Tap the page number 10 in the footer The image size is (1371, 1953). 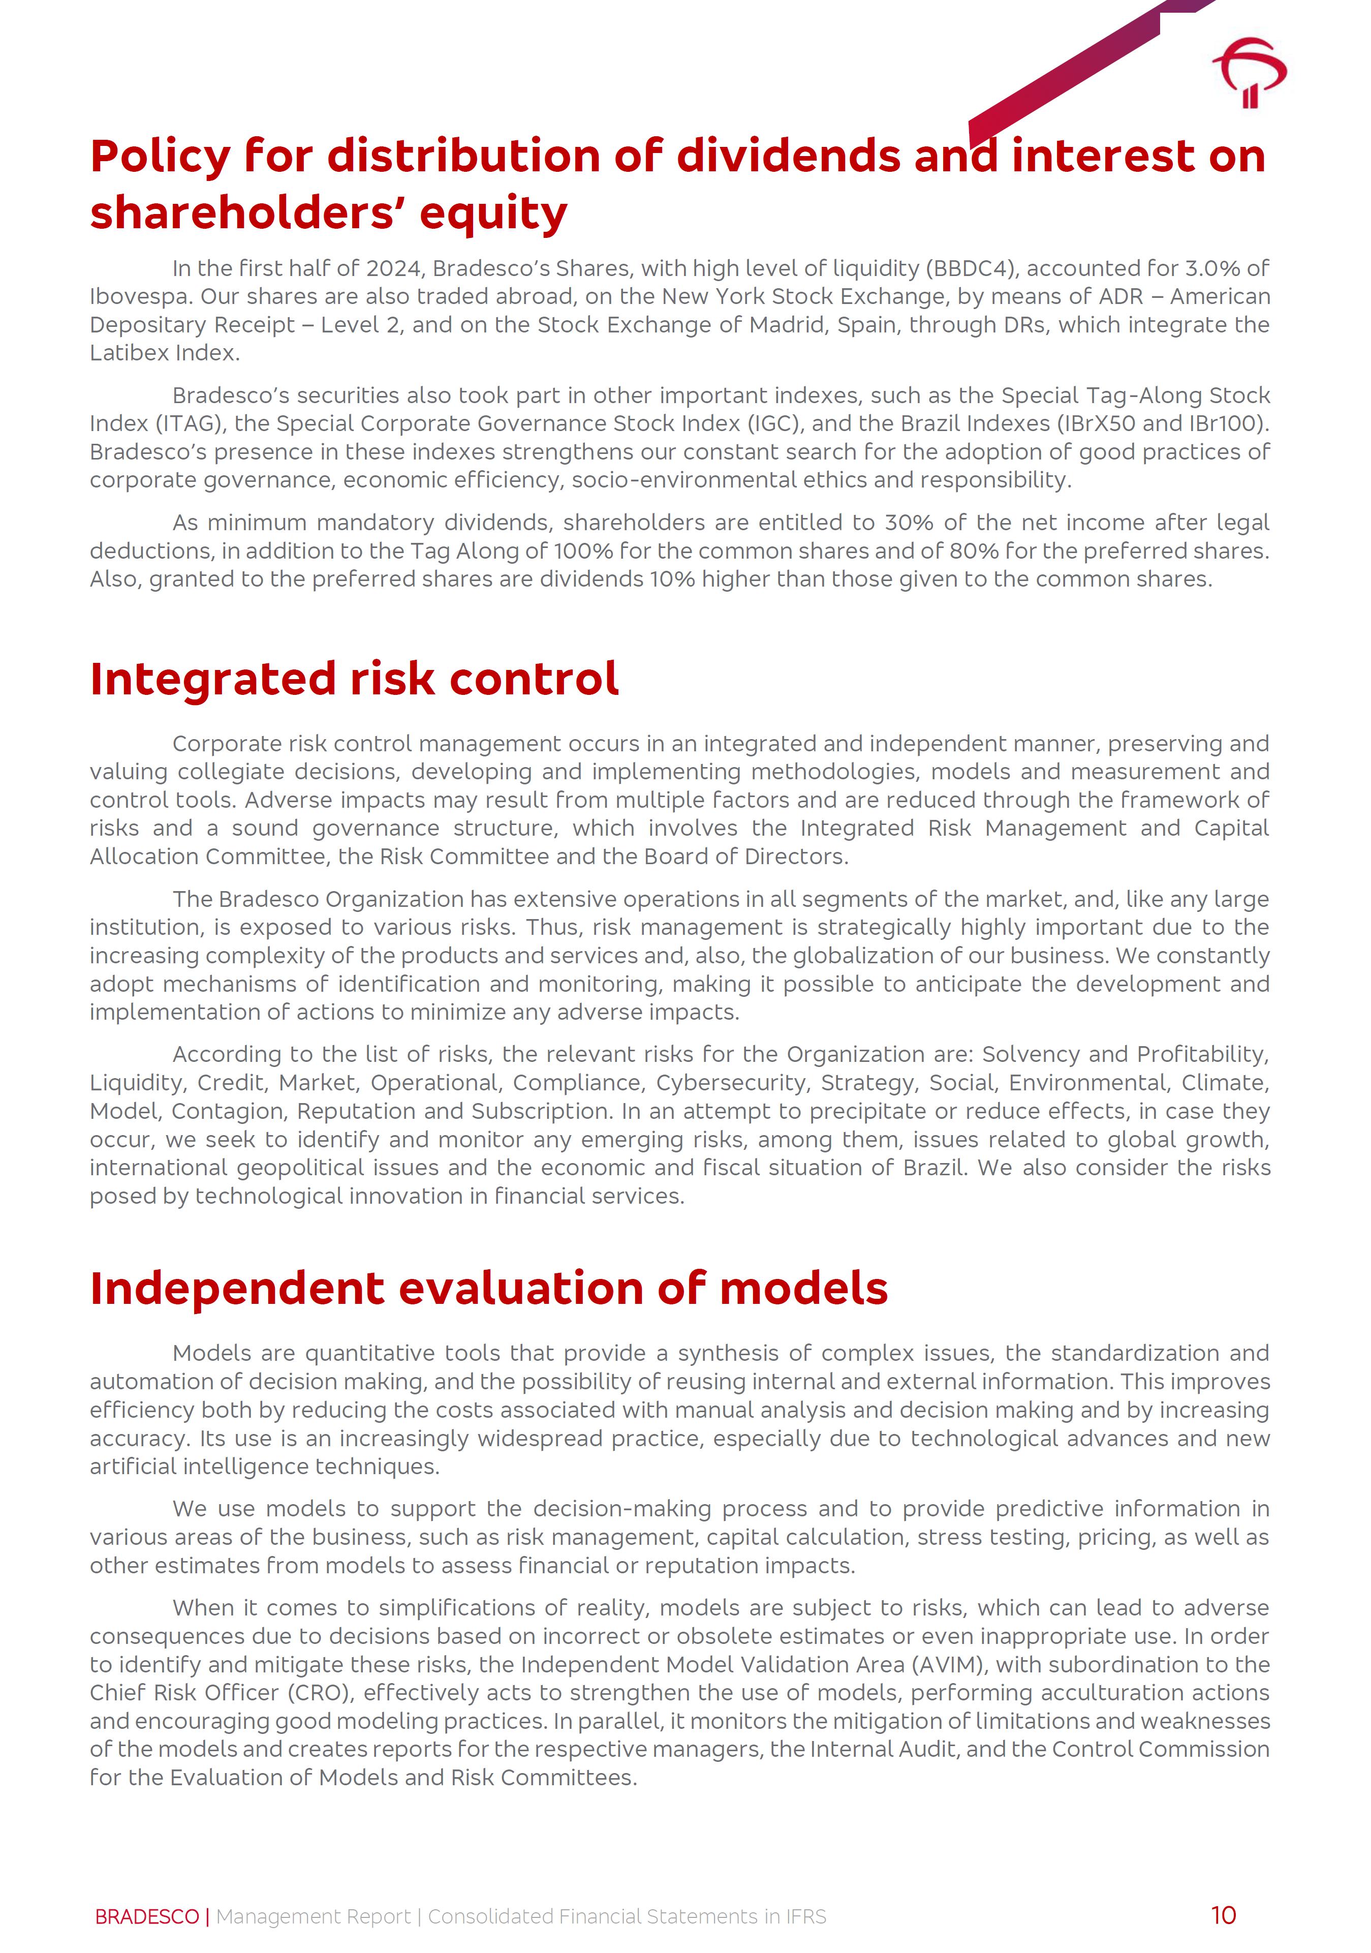(1223, 1915)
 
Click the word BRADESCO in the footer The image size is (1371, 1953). (146, 1916)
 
